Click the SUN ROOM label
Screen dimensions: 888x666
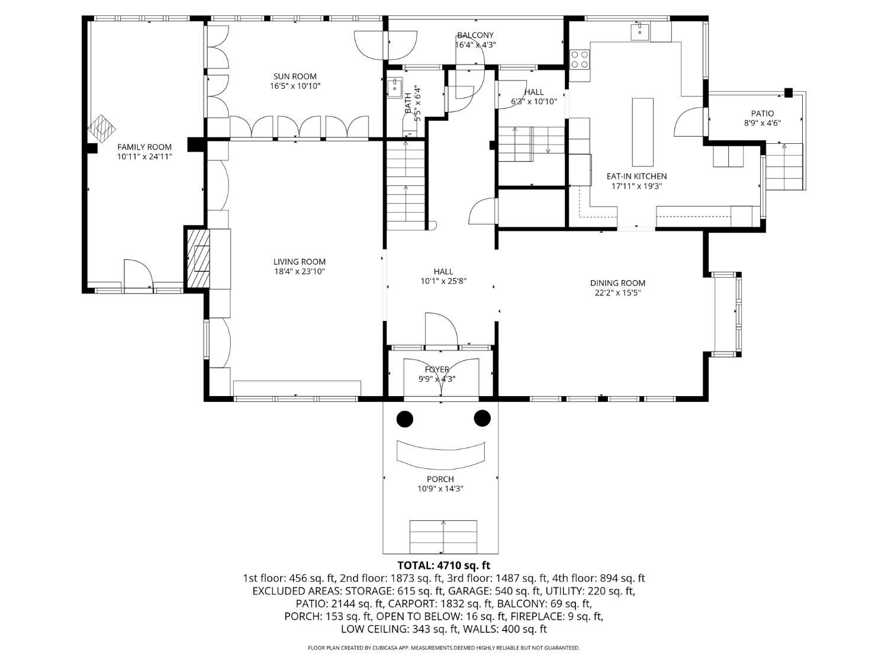[295, 76]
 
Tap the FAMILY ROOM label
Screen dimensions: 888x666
[144, 147]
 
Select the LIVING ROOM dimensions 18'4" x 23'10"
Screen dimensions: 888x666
[300, 272]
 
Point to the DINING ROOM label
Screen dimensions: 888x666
[618, 283]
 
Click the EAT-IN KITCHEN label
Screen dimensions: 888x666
[636, 176]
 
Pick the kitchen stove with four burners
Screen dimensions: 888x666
[580, 59]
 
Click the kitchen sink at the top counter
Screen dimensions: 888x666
[639, 32]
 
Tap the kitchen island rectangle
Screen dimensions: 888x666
[643, 132]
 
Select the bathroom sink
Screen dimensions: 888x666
[394, 88]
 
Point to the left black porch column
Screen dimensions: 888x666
[404, 419]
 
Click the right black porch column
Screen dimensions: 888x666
[482, 418]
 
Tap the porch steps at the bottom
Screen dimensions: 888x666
[443, 537]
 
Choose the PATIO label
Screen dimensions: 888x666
[762, 114]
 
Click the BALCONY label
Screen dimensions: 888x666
[475, 35]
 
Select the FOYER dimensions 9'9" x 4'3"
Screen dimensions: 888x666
[437, 379]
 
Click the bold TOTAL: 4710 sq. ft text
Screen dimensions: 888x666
[444, 565]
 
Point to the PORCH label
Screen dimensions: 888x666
[440, 479]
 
